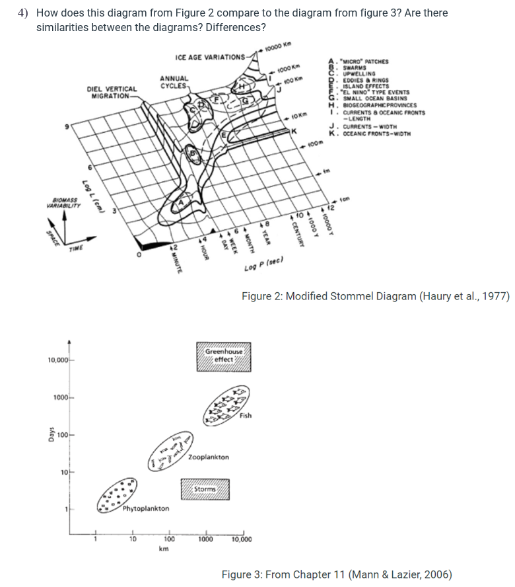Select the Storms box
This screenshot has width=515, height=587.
pos(205,489)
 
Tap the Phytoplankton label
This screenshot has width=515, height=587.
pos(145,509)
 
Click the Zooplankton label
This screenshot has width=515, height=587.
pos(209,457)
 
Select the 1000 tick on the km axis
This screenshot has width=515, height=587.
pos(206,539)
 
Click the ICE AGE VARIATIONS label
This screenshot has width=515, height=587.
pos(211,56)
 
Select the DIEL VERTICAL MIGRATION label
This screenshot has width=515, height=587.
pos(112,92)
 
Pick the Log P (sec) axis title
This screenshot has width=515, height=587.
pos(263,268)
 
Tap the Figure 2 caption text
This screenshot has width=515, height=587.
pos(375,295)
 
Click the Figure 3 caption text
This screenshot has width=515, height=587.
pos(336,574)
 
